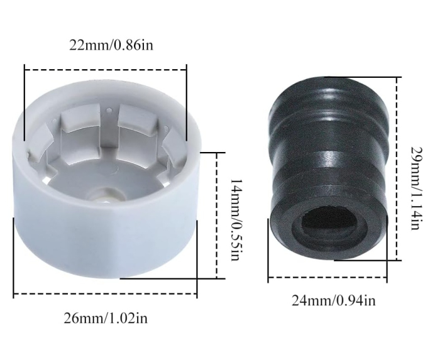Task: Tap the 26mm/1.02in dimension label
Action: (105, 317)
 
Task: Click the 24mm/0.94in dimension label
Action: (333, 300)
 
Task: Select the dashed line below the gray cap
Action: (105, 294)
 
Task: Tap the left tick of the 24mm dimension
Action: (268, 251)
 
